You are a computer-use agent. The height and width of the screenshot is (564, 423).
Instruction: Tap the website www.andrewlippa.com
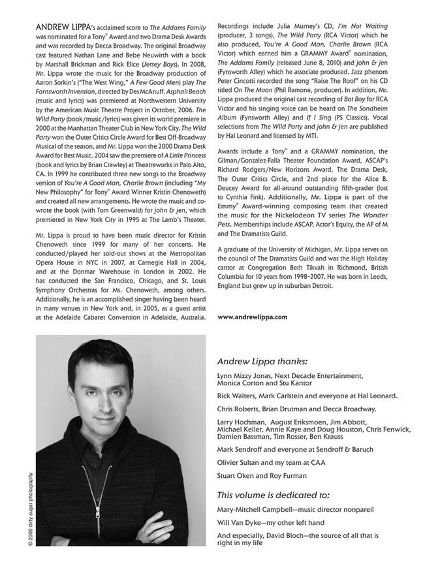tap(252, 317)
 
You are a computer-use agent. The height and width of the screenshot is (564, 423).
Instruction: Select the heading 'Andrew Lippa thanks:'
tap(262, 360)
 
